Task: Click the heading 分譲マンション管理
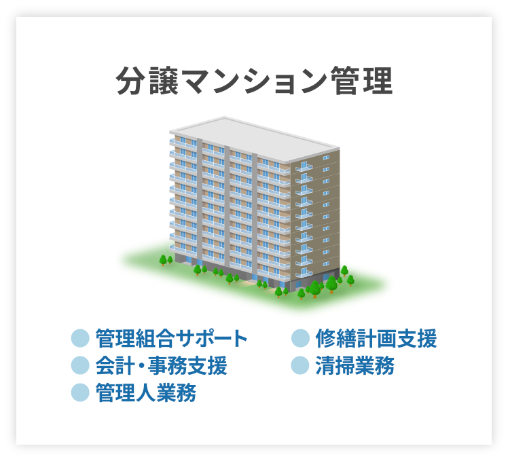tap(255, 82)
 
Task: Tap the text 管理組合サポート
tap(171, 337)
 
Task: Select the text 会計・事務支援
tap(161, 365)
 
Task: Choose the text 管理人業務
tap(145, 392)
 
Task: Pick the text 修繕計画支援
tap(376, 337)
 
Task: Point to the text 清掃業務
tap(355, 365)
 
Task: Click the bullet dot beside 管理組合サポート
tap(80, 337)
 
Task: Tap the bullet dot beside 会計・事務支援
tap(80, 365)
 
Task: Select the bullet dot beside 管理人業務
tap(80, 392)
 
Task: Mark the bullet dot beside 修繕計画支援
tap(300, 337)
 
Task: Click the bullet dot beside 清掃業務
tap(300, 365)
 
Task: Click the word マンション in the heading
tap(255, 82)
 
